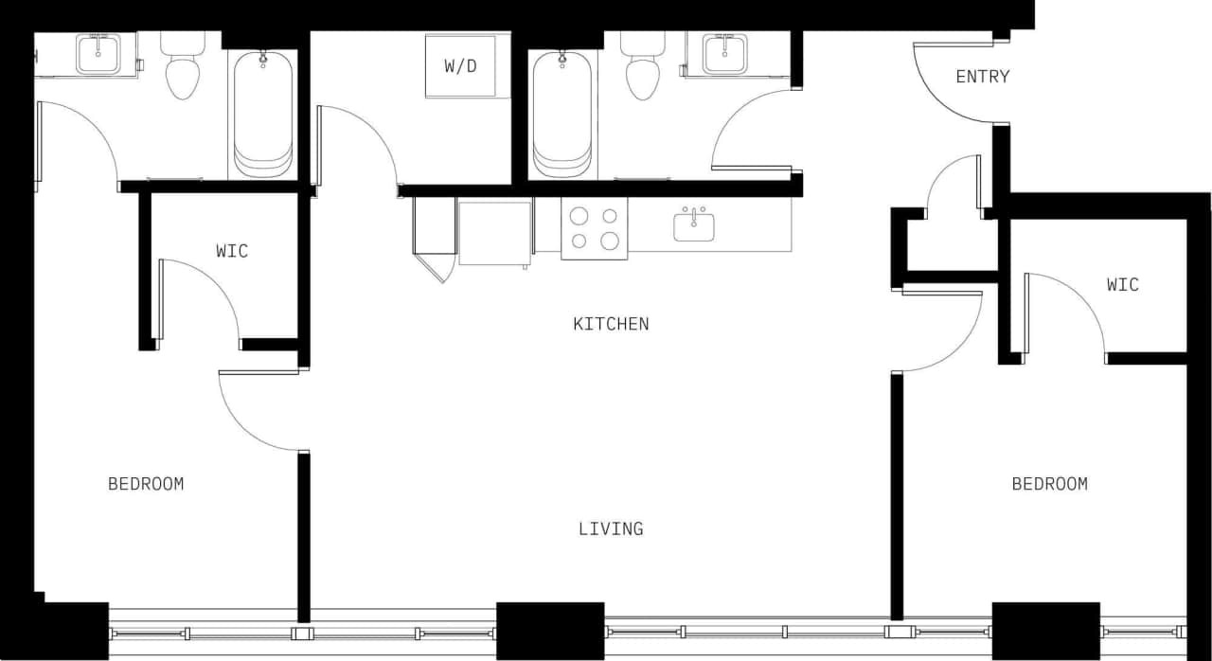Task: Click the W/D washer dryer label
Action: [x=459, y=66]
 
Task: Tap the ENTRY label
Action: [x=982, y=77]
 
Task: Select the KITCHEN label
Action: [x=611, y=324]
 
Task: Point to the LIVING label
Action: [x=611, y=528]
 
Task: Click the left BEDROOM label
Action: [x=146, y=484]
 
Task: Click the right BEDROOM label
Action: [x=1049, y=484]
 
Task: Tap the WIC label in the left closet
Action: [x=232, y=251]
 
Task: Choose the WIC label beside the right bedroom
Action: [x=1122, y=284]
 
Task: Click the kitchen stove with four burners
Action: [x=594, y=228]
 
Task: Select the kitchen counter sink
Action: [x=694, y=226]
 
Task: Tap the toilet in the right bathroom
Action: [x=642, y=71]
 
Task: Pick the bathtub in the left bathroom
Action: [x=262, y=114]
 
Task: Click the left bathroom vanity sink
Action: [x=97, y=53]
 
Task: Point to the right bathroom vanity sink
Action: [x=725, y=53]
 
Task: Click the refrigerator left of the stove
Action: [x=494, y=233]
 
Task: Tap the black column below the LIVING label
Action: [x=549, y=630]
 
